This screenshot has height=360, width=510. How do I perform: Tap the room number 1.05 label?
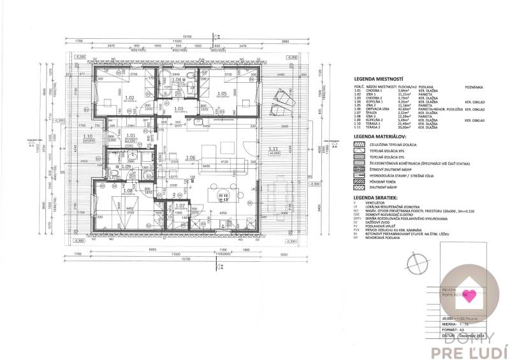pyautogui.click(x=222, y=94)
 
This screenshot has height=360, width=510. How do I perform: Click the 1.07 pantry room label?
pyautogui.click(x=179, y=206)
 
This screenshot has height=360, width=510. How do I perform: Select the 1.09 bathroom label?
pyautogui.click(x=126, y=167)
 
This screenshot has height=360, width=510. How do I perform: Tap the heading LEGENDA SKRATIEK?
pyautogui.click(x=375, y=199)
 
